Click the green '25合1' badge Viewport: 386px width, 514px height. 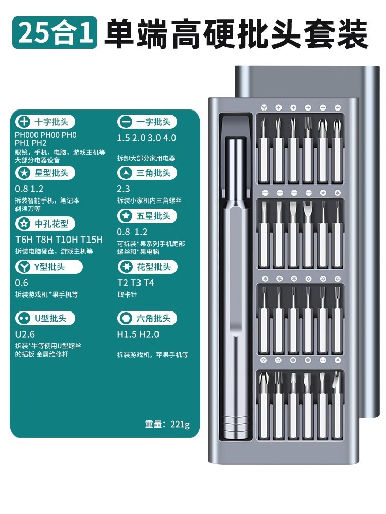click(x=55, y=32)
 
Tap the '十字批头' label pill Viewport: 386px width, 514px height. click(x=45, y=122)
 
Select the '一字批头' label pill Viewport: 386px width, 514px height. click(x=147, y=122)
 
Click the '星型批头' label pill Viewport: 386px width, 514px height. click(x=45, y=173)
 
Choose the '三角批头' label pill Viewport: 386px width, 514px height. click(x=147, y=173)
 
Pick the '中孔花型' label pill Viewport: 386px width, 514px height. click(x=45, y=224)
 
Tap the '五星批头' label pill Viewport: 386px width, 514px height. click(x=147, y=216)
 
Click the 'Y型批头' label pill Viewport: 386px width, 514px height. click(x=49, y=267)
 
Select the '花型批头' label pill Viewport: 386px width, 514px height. click(x=147, y=267)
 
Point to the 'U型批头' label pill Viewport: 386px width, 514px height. click(x=45, y=318)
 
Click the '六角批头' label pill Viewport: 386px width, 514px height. click(x=147, y=318)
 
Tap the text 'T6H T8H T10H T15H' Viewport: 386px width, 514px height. click(x=59, y=240)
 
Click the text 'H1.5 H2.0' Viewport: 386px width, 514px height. click(x=138, y=334)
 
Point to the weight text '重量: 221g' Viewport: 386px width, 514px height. click(x=167, y=424)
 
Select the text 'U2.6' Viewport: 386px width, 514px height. click(x=25, y=334)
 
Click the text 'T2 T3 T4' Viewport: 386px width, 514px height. click(x=135, y=283)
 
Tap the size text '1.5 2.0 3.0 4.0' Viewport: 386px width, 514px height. click(x=147, y=138)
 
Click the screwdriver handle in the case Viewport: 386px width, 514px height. click(x=235, y=288)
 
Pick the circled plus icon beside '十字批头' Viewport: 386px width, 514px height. click(x=24, y=122)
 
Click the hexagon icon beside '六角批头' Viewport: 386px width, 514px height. click(x=126, y=318)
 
